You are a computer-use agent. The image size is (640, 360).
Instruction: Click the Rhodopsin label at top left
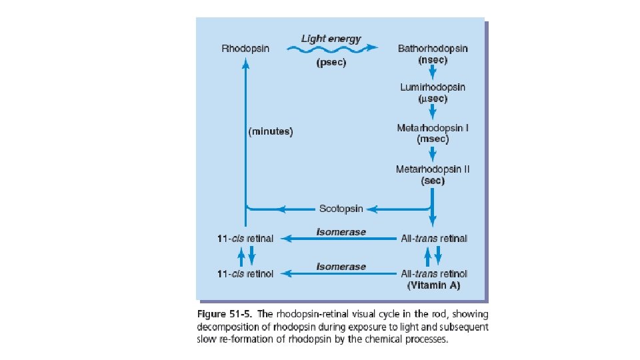point(245,49)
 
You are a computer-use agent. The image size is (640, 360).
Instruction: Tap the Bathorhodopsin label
point(433,49)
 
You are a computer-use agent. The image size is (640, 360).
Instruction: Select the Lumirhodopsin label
point(433,87)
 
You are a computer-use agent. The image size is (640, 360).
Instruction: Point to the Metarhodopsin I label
point(433,127)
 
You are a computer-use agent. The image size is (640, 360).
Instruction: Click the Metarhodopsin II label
point(433,169)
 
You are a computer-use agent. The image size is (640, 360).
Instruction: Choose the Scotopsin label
point(341,209)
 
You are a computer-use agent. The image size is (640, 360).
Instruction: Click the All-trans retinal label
point(433,238)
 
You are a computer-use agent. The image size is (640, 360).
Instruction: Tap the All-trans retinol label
point(433,273)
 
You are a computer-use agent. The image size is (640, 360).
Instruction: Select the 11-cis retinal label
point(245,239)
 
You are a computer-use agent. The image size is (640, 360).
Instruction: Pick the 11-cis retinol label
point(245,273)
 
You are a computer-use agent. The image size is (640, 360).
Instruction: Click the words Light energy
point(331,38)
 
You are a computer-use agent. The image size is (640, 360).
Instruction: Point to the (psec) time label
point(331,65)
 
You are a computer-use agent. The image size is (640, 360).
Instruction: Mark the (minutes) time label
point(271,131)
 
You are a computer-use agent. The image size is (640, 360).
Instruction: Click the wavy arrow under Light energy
point(331,49)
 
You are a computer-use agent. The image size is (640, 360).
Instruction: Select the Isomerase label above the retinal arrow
point(341,231)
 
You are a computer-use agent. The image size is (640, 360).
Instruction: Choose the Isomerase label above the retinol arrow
point(341,266)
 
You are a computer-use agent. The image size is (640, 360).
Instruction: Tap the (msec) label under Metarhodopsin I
point(433,139)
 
